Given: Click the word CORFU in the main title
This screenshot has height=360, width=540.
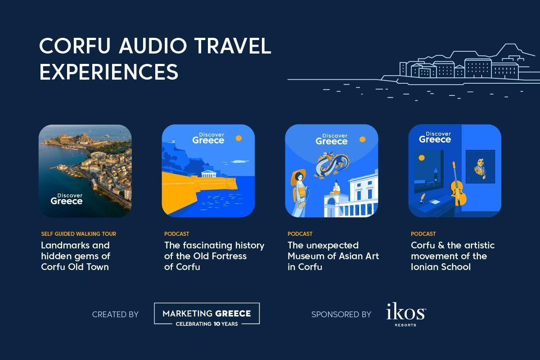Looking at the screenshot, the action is point(75,46).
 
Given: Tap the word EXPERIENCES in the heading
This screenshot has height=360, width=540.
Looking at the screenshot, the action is point(109,72).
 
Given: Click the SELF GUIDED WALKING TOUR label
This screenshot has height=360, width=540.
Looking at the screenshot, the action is point(79,234).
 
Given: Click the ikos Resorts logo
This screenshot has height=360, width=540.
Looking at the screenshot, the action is point(406,315).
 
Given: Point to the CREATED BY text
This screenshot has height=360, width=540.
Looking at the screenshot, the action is point(115,315).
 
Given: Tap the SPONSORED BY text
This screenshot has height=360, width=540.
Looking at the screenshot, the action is point(341,315).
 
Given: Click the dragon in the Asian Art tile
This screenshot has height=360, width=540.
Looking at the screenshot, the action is point(332,165).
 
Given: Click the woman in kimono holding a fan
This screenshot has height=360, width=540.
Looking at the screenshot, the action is point(299,193).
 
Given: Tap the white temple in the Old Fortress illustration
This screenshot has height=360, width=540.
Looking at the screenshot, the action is point(209,174).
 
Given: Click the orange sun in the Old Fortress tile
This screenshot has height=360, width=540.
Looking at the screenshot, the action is point(238,138).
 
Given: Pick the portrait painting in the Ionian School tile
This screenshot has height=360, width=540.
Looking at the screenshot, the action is point(480,166).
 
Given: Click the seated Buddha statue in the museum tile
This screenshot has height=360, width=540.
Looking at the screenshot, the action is point(336,187).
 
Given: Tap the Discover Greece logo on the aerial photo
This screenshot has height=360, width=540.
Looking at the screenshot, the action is point(67,199).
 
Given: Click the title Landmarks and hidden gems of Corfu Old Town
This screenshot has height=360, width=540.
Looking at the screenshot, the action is point(76,256).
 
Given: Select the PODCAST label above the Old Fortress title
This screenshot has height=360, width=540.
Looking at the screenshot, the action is point(177,234).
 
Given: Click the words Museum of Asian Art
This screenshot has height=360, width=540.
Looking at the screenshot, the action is point(333,256).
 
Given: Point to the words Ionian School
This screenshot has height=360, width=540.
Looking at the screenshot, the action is point(441,267).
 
